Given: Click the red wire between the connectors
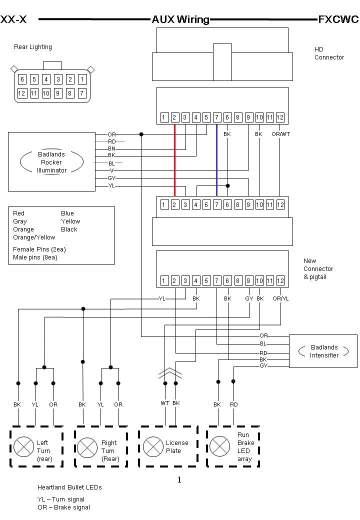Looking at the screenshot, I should click(174, 160).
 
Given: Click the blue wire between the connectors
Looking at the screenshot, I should click(216, 160).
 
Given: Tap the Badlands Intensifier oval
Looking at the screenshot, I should click(324, 351).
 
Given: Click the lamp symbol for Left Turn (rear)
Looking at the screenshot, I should click(22, 446).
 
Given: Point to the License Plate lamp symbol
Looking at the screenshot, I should click(151, 446).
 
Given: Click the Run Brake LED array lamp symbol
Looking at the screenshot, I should click(218, 446).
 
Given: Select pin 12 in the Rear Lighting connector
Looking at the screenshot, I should click(21, 93).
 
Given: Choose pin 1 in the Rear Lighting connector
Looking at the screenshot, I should click(82, 79).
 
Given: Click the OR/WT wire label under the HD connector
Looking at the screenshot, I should click(280, 134).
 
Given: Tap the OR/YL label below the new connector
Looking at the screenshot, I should click(280, 298).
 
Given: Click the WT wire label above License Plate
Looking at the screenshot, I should click(164, 403).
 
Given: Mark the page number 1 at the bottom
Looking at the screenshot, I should click(179, 480).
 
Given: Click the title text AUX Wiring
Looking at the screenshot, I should click(180, 19).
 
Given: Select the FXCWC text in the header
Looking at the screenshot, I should click(338, 19).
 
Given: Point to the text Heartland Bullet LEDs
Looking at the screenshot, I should click(69, 487).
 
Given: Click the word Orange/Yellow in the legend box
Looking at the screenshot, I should click(34, 237).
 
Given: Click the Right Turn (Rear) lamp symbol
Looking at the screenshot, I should click(87, 446).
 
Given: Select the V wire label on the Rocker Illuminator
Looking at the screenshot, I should click(111, 170).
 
